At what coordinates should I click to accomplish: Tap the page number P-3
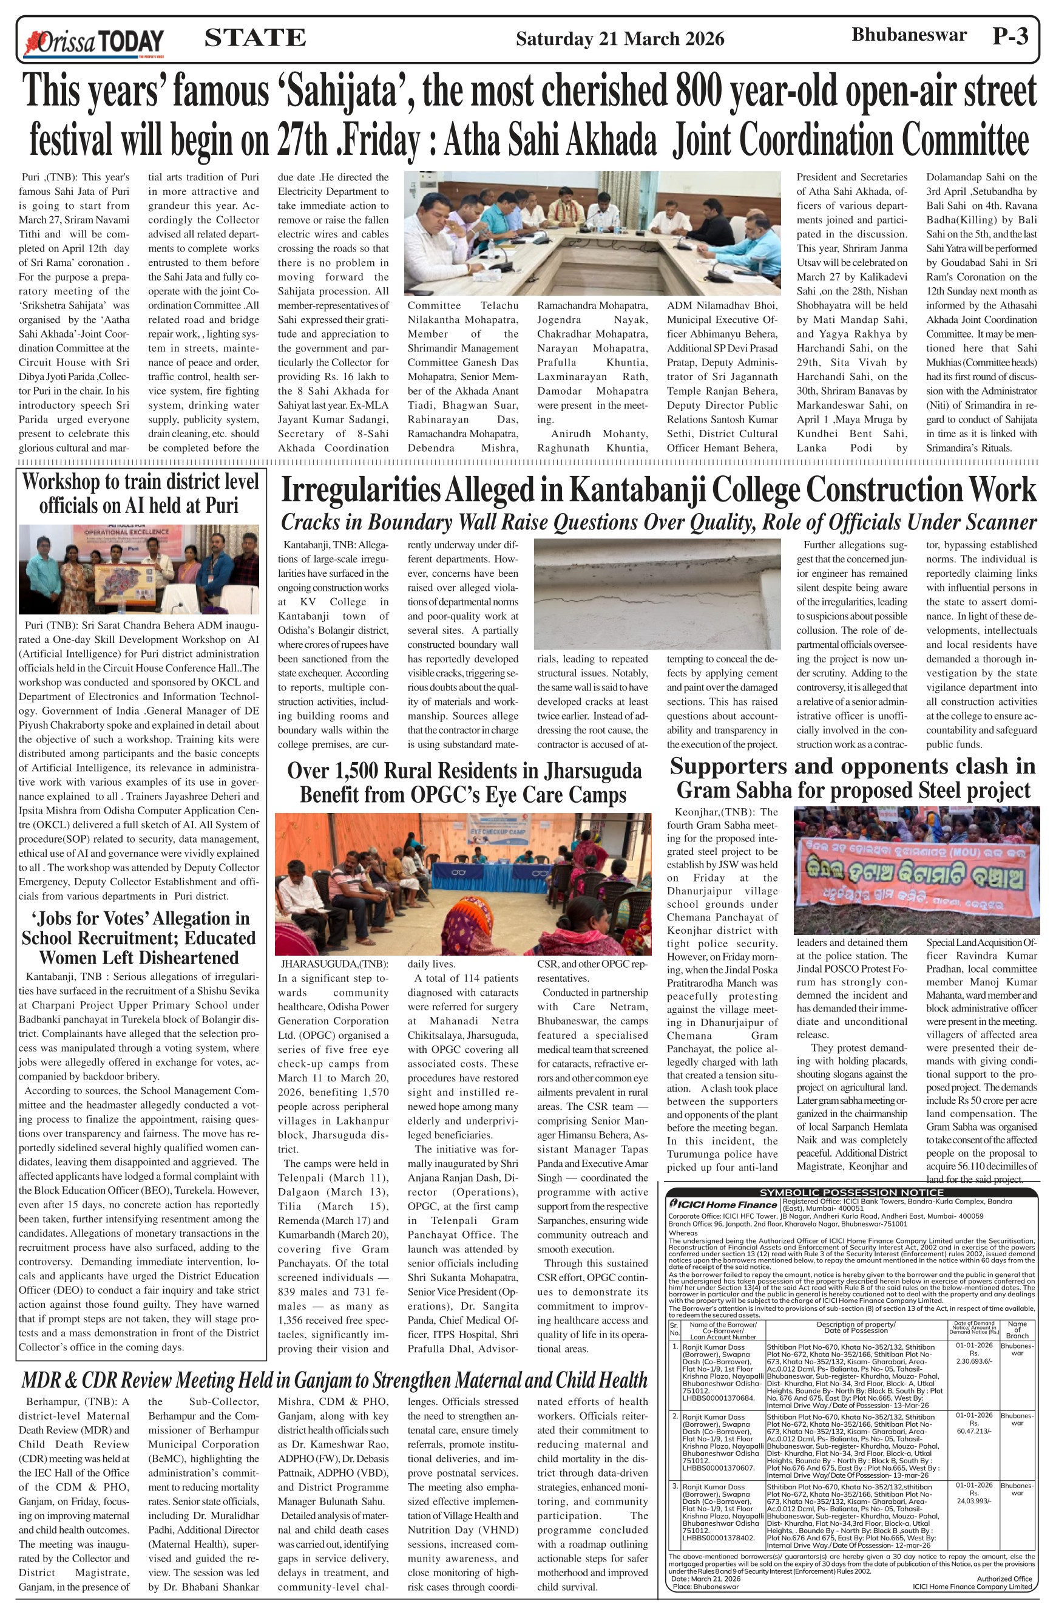(1010, 36)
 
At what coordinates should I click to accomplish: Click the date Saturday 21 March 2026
(620, 39)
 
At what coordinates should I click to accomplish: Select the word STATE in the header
(255, 38)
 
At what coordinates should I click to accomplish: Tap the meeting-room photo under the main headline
(592, 233)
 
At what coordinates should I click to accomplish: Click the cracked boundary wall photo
(657, 593)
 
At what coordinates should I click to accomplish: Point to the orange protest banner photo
(915, 869)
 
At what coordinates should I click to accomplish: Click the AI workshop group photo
(139, 569)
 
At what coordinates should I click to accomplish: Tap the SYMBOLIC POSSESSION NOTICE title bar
(851, 1192)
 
